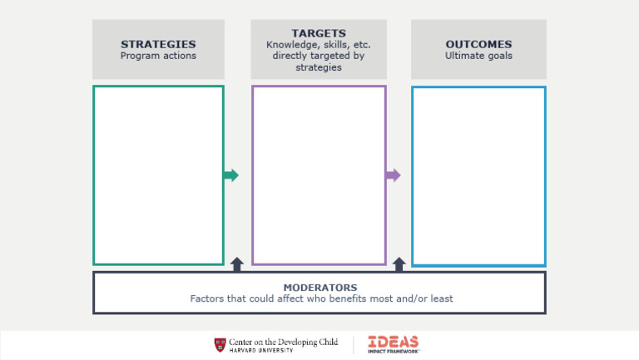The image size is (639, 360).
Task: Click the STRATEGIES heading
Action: (158, 44)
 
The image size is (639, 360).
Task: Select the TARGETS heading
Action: (319, 33)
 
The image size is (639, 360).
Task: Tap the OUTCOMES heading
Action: (478, 44)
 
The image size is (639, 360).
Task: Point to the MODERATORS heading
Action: (319, 288)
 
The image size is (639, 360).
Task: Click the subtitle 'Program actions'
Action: (158, 56)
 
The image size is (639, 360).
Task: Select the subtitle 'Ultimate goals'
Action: (478, 56)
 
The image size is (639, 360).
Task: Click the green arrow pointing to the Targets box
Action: (230, 175)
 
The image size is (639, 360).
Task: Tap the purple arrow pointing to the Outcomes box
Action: (392, 175)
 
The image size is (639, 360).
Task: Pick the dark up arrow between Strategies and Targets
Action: (237, 264)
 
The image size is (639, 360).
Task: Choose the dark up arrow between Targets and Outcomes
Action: (399, 264)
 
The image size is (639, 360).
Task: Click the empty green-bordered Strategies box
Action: (158, 175)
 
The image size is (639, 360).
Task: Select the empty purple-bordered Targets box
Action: (319, 175)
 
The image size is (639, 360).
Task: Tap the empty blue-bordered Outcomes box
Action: (478, 175)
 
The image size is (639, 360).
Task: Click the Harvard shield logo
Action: (220, 344)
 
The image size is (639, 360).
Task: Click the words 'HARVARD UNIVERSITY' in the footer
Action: (260, 350)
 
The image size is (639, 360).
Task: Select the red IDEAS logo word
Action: (393, 341)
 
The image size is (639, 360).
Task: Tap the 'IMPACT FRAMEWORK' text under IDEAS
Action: (394, 351)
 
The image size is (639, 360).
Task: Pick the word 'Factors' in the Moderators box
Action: (208, 298)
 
